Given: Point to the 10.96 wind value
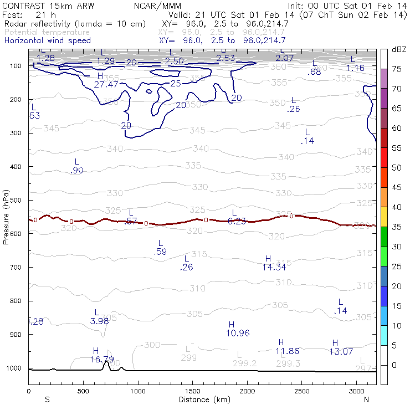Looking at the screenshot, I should tap(238, 332).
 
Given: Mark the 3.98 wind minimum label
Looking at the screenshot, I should tap(99, 321).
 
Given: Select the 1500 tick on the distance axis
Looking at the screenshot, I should tap(192, 391).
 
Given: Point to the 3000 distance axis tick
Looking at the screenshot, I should tap(356, 391).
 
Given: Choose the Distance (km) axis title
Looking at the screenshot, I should tap(202, 399).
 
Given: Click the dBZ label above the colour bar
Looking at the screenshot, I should tap(398, 49).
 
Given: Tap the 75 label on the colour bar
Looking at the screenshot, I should tap(397, 69).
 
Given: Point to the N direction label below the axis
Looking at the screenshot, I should tap(366, 399).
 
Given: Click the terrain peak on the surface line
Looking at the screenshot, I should tap(107, 361).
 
